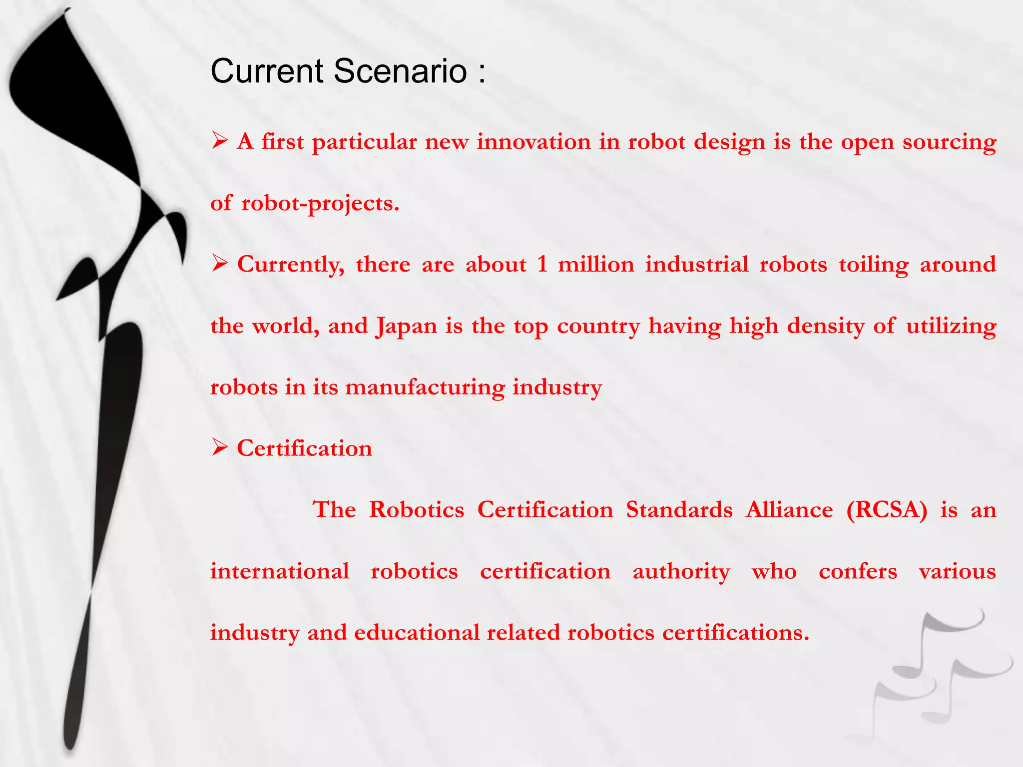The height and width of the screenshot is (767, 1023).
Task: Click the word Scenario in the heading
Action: [x=400, y=71]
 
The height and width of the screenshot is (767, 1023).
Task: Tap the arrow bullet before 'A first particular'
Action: [x=219, y=141]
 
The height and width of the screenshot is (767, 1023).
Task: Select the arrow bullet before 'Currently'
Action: [x=219, y=263]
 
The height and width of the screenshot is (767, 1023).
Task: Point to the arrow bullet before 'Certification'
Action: [x=219, y=447]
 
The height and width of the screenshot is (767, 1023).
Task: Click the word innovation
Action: [x=533, y=142]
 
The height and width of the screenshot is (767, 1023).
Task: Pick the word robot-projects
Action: [x=320, y=204]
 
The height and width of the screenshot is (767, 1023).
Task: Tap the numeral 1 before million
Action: [x=542, y=264]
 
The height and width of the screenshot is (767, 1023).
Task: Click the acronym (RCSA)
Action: [x=887, y=510]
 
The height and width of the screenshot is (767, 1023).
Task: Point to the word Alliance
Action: [x=789, y=510]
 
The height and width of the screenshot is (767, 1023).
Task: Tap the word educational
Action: [x=417, y=633]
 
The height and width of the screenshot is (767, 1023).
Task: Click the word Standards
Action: [x=679, y=510]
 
